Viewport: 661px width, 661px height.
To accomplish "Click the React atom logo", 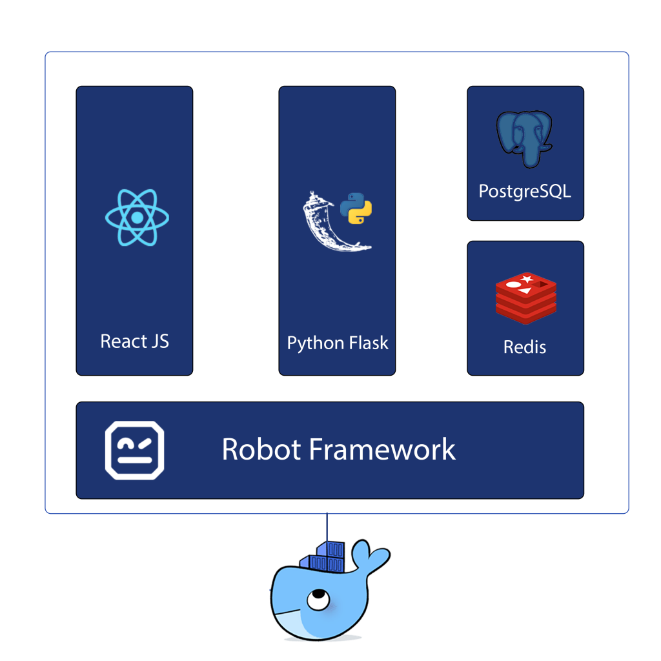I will point(137,218).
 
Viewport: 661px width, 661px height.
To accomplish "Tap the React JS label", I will point(134,341).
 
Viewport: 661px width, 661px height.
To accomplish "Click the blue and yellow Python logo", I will point(356,208).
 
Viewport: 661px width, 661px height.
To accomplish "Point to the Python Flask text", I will point(337,343).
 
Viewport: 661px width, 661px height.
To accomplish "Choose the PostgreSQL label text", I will point(525,191).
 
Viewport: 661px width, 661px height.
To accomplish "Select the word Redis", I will point(525,347).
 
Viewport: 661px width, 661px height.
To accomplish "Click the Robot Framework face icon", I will point(135,450).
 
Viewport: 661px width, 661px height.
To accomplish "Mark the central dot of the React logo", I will point(137,218).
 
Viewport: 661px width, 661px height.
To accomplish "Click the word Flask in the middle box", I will point(368,342).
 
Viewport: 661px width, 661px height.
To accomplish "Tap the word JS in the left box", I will point(160,341).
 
